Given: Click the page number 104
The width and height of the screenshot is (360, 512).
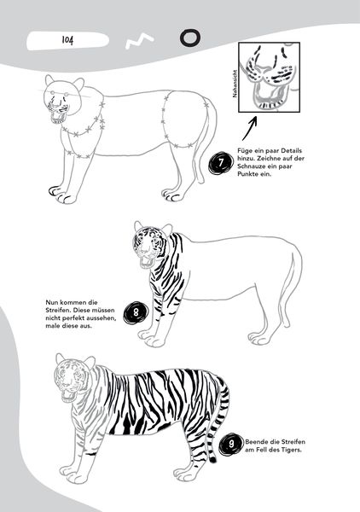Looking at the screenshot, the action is pos(67,40).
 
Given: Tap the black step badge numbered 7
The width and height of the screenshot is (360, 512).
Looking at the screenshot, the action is pos(221,162).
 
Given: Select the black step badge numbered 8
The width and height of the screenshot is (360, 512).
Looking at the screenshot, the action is pos(136,313).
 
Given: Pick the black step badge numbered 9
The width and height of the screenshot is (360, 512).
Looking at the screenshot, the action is pos(230,444).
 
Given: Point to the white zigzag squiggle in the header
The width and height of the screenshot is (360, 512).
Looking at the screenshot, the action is pos(139,41).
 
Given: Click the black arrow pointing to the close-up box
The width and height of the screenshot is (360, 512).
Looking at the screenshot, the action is pos(250,129).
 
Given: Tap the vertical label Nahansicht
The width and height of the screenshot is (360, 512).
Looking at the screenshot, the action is pos(235,84).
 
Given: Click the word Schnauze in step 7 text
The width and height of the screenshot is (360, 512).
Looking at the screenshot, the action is pos(251,166).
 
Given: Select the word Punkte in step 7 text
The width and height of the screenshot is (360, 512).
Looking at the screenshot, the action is pos(247,174).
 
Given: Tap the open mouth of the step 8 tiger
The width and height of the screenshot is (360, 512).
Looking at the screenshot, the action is pos(146,262).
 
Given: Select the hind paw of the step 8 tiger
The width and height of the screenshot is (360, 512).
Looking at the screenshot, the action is pos(259,338).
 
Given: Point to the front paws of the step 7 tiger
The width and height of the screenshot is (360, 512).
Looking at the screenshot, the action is pos(63,195).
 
